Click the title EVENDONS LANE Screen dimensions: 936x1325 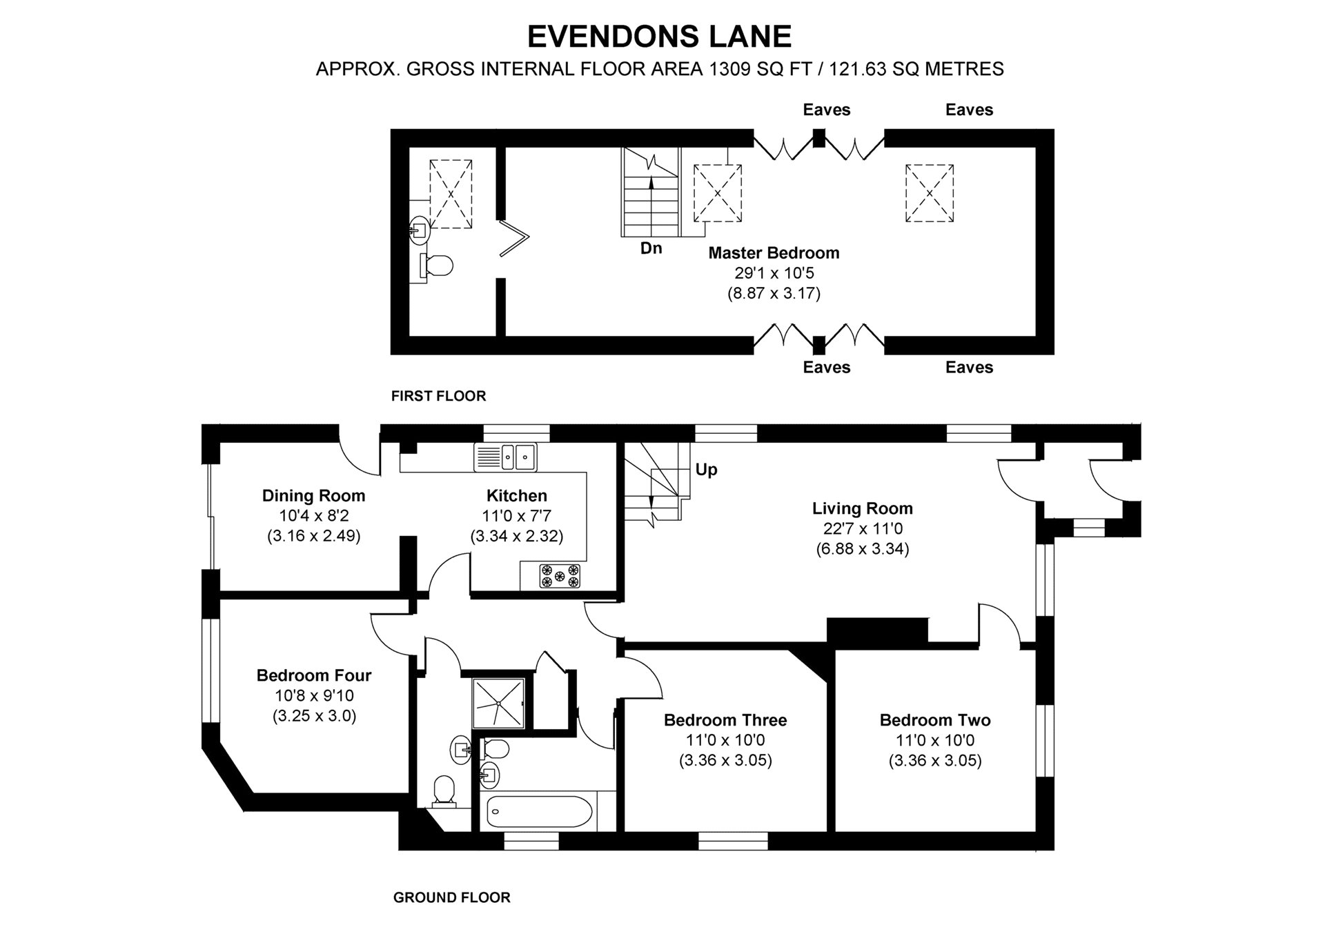coord(659,37)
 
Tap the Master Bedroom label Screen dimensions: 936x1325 coord(774,252)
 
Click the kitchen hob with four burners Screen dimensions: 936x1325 coord(560,576)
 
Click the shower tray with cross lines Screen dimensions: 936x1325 coord(498,704)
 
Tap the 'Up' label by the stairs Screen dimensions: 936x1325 coord(706,470)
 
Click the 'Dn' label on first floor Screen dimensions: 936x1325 coord(651,248)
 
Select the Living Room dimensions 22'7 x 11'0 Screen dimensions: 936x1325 coord(862,529)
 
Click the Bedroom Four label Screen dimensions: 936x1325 coord(314,675)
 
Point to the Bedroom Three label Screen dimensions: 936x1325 coord(725,720)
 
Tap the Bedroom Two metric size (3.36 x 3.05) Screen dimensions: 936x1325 coord(935,760)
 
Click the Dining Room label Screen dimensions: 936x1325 coord(313,495)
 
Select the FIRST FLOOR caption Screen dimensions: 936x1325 coord(438,396)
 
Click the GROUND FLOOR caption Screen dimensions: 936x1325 coord(451,897)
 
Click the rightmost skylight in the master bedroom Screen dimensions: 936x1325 coord(929,193)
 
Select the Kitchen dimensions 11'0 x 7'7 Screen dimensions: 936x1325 coord(516,515)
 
